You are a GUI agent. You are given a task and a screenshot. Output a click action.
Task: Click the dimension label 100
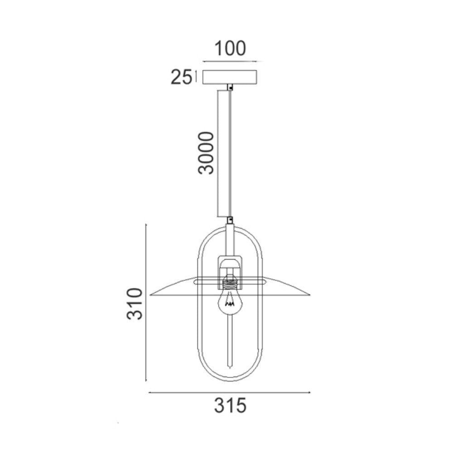click(x=230, y=48)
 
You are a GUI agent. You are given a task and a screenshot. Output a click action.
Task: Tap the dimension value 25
click(x=182, y=77)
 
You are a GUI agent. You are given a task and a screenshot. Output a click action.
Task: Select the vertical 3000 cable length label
click(x=206, y=153)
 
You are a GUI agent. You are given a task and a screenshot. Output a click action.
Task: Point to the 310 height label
click(x=135, y=304)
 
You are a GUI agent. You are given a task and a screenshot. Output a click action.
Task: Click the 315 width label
click(x=230, y=405)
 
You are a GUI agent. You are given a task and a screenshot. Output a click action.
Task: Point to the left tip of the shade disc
click(x=150, y=295)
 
